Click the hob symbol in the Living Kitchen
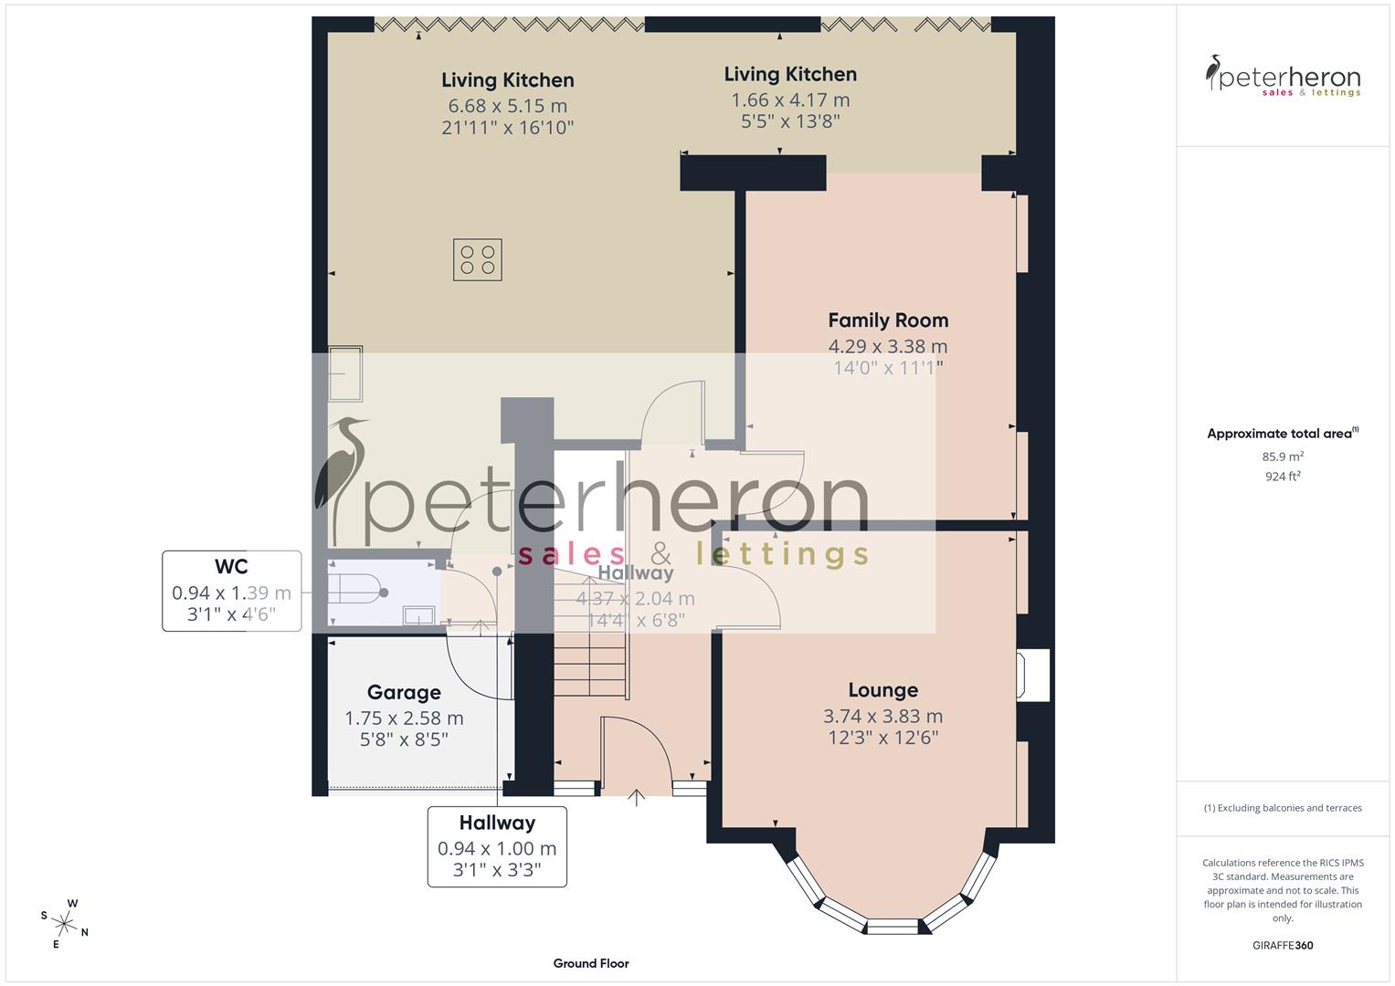point(477,259)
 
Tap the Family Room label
point(888,320)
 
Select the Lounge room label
point(882,690)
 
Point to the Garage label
point(404,693)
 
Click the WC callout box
point(232,591)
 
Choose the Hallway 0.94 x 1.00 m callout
point(497,846)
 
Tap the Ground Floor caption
point(591,963)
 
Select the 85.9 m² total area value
point(1283,456)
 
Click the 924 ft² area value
point(1283,476)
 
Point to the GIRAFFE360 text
point(1283,946)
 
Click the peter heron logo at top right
point(1283,78)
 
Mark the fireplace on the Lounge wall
point(1036,675)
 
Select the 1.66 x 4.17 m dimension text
point(790,100)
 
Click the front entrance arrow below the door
point(637,799)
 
